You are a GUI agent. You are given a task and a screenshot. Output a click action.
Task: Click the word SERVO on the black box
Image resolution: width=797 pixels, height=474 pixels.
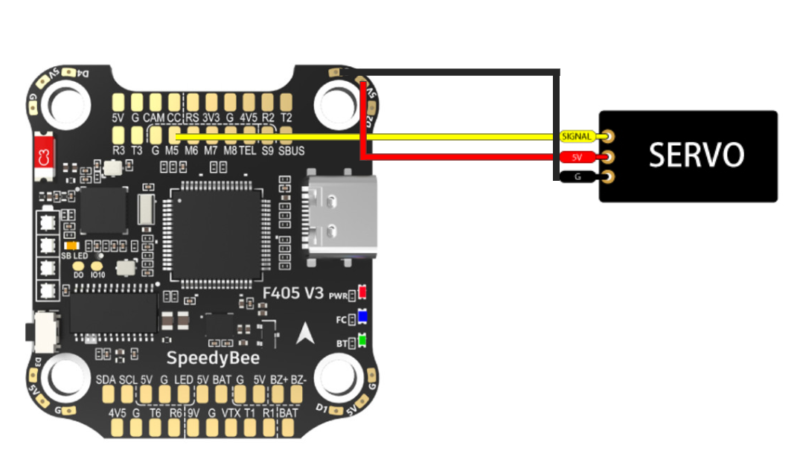pyautogui.click(x=696, y=155)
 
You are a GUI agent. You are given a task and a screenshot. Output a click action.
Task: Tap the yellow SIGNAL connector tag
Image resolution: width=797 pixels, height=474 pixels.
pyautogui.click(x=577, y=137)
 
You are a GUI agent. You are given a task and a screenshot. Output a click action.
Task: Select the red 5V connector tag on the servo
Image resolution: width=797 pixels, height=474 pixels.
pyautogui.click(x=577, y=158)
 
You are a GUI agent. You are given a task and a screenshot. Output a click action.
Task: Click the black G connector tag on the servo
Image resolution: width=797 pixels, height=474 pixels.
pyautogui.click(x=577, y=177)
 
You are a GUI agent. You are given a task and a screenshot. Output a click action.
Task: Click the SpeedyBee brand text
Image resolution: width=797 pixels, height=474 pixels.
pyautogui.click(x=213, y=358)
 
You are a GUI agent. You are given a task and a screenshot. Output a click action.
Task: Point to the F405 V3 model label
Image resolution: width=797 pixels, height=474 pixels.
pyautogui.click(x=293, y=293)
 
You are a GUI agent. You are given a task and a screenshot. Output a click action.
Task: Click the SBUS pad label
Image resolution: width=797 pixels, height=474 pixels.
pyautogui.click(x=292, y=150)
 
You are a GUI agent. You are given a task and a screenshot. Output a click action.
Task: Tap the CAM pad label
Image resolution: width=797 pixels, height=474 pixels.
pyautogui.click(x=154, y=118)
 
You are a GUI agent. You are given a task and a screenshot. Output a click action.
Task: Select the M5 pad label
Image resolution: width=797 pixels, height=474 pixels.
pyautogui.click(x=172, y=150)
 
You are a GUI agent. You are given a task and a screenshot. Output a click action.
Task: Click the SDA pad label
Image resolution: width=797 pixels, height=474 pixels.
pyautogui.click(x=106, y=379)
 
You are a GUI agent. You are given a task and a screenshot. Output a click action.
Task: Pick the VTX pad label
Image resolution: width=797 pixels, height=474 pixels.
pyautogui.click(x=231, y=413)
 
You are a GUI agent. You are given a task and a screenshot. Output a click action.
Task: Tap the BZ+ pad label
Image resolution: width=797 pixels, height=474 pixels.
pyautogui.click(x=279, y=379)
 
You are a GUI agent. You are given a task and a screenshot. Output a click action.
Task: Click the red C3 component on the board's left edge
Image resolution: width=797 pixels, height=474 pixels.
pyautogui.click(x=43, y=156)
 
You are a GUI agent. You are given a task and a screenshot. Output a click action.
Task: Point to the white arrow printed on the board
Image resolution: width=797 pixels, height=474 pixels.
pyautogui.click(x=304, y=334)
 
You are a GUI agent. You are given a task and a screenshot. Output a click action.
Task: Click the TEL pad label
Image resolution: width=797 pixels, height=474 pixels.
pyautogui.click(x=247, y=150)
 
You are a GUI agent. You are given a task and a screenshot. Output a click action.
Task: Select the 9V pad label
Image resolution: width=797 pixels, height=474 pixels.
pyautogui.click(x=193, y=413)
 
